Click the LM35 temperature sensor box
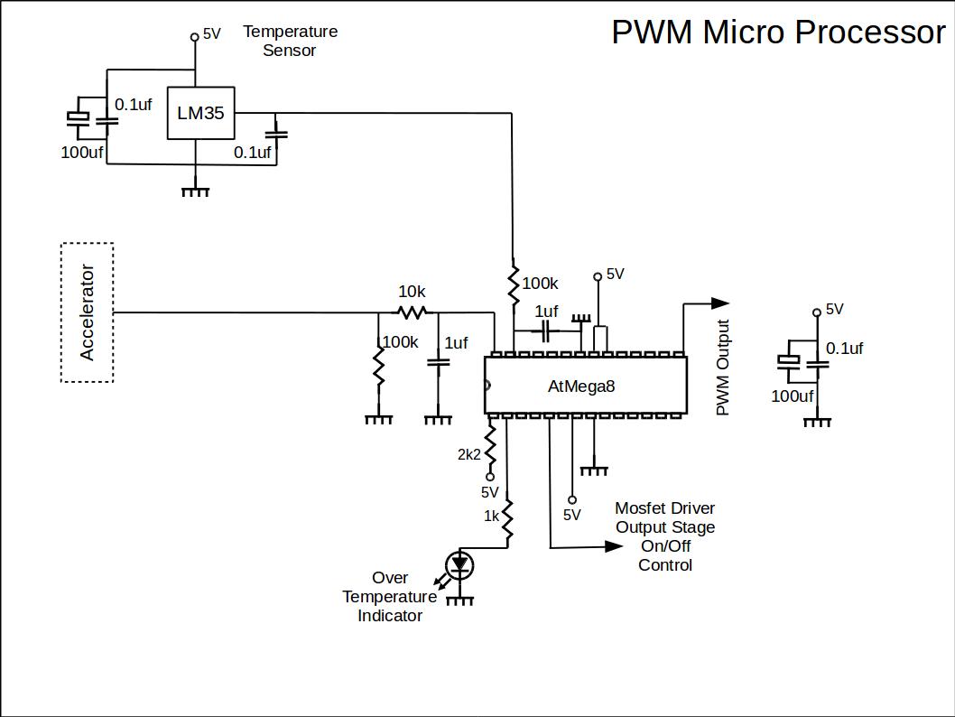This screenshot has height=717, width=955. tap(200, 114)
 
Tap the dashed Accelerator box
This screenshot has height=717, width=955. tap(87, 312)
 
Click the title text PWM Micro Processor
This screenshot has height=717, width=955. tap(778, 33)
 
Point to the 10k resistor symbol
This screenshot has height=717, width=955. tap(413, 312)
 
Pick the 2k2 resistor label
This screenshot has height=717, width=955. tap(469, 454)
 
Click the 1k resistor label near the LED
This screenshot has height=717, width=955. tap(492, 517)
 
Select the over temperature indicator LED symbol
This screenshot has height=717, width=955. tap(461, 566)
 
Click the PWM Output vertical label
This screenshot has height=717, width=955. tap(722, 368)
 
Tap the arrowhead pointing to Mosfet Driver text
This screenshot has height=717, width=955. tap(614, 546)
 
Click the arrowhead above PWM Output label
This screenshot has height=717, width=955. tap(719, 303)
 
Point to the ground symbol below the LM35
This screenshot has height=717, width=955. tap(196, 191)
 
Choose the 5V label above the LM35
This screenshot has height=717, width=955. tap(211, 34)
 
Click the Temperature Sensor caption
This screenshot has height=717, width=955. tap(290, 41)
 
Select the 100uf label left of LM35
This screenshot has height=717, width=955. tap(81, 153)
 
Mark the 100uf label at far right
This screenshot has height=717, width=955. tap(792, 396)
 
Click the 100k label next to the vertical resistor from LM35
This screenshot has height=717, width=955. tap(540, 284)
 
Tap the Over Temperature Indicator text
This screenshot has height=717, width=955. tap(390, 597)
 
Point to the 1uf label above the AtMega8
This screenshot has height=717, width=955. tap(546, 312)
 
